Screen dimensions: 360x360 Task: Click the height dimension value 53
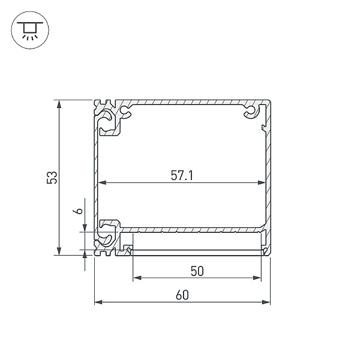53,177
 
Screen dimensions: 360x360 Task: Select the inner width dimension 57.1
182,176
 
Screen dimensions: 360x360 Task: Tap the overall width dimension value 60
182,295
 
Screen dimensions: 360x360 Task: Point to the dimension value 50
197,271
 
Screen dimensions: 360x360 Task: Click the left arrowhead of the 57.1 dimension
101,182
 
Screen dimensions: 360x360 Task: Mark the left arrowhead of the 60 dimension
98,302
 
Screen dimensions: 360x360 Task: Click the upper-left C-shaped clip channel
108,122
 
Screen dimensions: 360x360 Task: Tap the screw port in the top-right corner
250,112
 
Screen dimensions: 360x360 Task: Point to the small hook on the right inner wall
262,127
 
